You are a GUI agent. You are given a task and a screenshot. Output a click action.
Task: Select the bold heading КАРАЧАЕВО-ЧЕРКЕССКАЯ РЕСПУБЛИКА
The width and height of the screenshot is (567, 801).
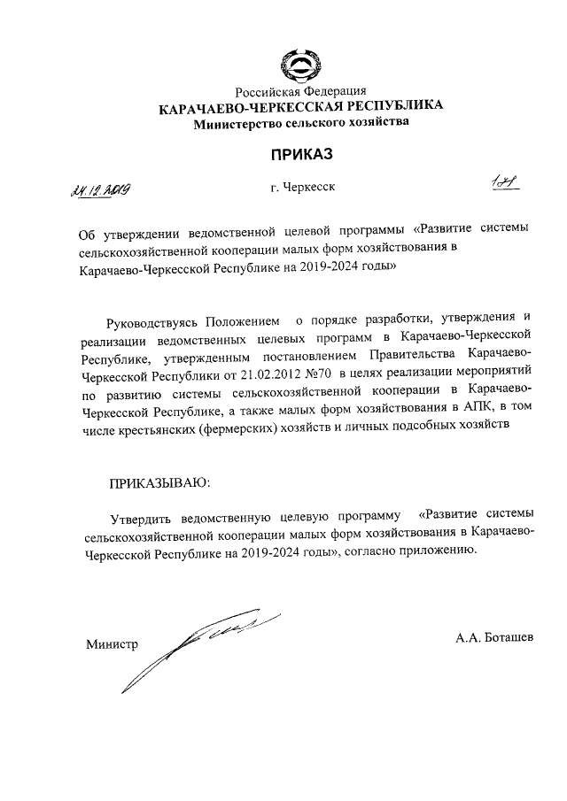click(300, 108)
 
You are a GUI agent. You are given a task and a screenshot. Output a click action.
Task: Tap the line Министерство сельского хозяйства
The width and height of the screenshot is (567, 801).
click(302, 123)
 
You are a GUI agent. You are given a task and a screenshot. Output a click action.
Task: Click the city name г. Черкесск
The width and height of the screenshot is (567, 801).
click(303, 187)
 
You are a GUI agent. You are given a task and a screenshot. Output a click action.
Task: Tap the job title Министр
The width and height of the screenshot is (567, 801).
click(112, 643)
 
